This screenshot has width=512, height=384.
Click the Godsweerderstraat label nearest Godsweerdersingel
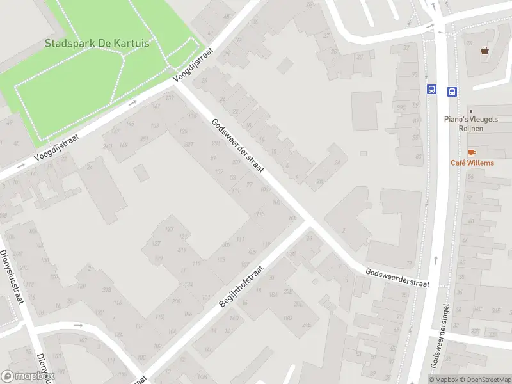[397, 277]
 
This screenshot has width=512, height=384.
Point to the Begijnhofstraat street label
[242, 287]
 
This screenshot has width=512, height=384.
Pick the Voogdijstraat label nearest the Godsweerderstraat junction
[194, 66]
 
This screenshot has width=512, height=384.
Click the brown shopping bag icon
[485, 50]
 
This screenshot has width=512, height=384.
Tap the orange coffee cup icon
[472, 152]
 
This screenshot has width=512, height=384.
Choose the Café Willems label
[472, 163]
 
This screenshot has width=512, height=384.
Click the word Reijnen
[472, 129]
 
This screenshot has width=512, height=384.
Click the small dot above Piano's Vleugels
[470, 110]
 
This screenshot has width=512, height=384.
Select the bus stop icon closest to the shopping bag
[452, 91]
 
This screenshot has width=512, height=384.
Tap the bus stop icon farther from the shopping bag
[432, 90]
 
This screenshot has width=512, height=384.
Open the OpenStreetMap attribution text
[485, 380]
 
